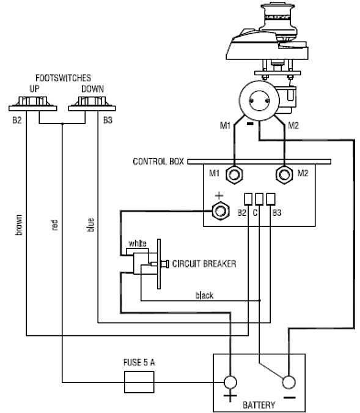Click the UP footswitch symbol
coord(33,104)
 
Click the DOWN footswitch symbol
coord(92,104)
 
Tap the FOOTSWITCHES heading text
coord(63,78)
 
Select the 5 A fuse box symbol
coord(139,382)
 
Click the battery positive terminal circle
coord(230,382)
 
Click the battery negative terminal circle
coord(288,382)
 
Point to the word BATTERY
coord(259,405)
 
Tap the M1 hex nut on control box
coord(234,174)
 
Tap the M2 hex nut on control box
coord(284,174)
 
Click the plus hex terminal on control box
coord(220,210)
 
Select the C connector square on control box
coord(259,199)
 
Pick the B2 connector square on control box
coord(248,199)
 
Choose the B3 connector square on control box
coord(271,199)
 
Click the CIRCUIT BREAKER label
coord(204,264)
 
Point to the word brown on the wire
coord(19,225)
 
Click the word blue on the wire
coord(90,225)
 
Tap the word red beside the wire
coord(55,225)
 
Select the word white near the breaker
coord(138,244)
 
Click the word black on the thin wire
coord(205,296)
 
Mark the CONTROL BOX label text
coord(158,162)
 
